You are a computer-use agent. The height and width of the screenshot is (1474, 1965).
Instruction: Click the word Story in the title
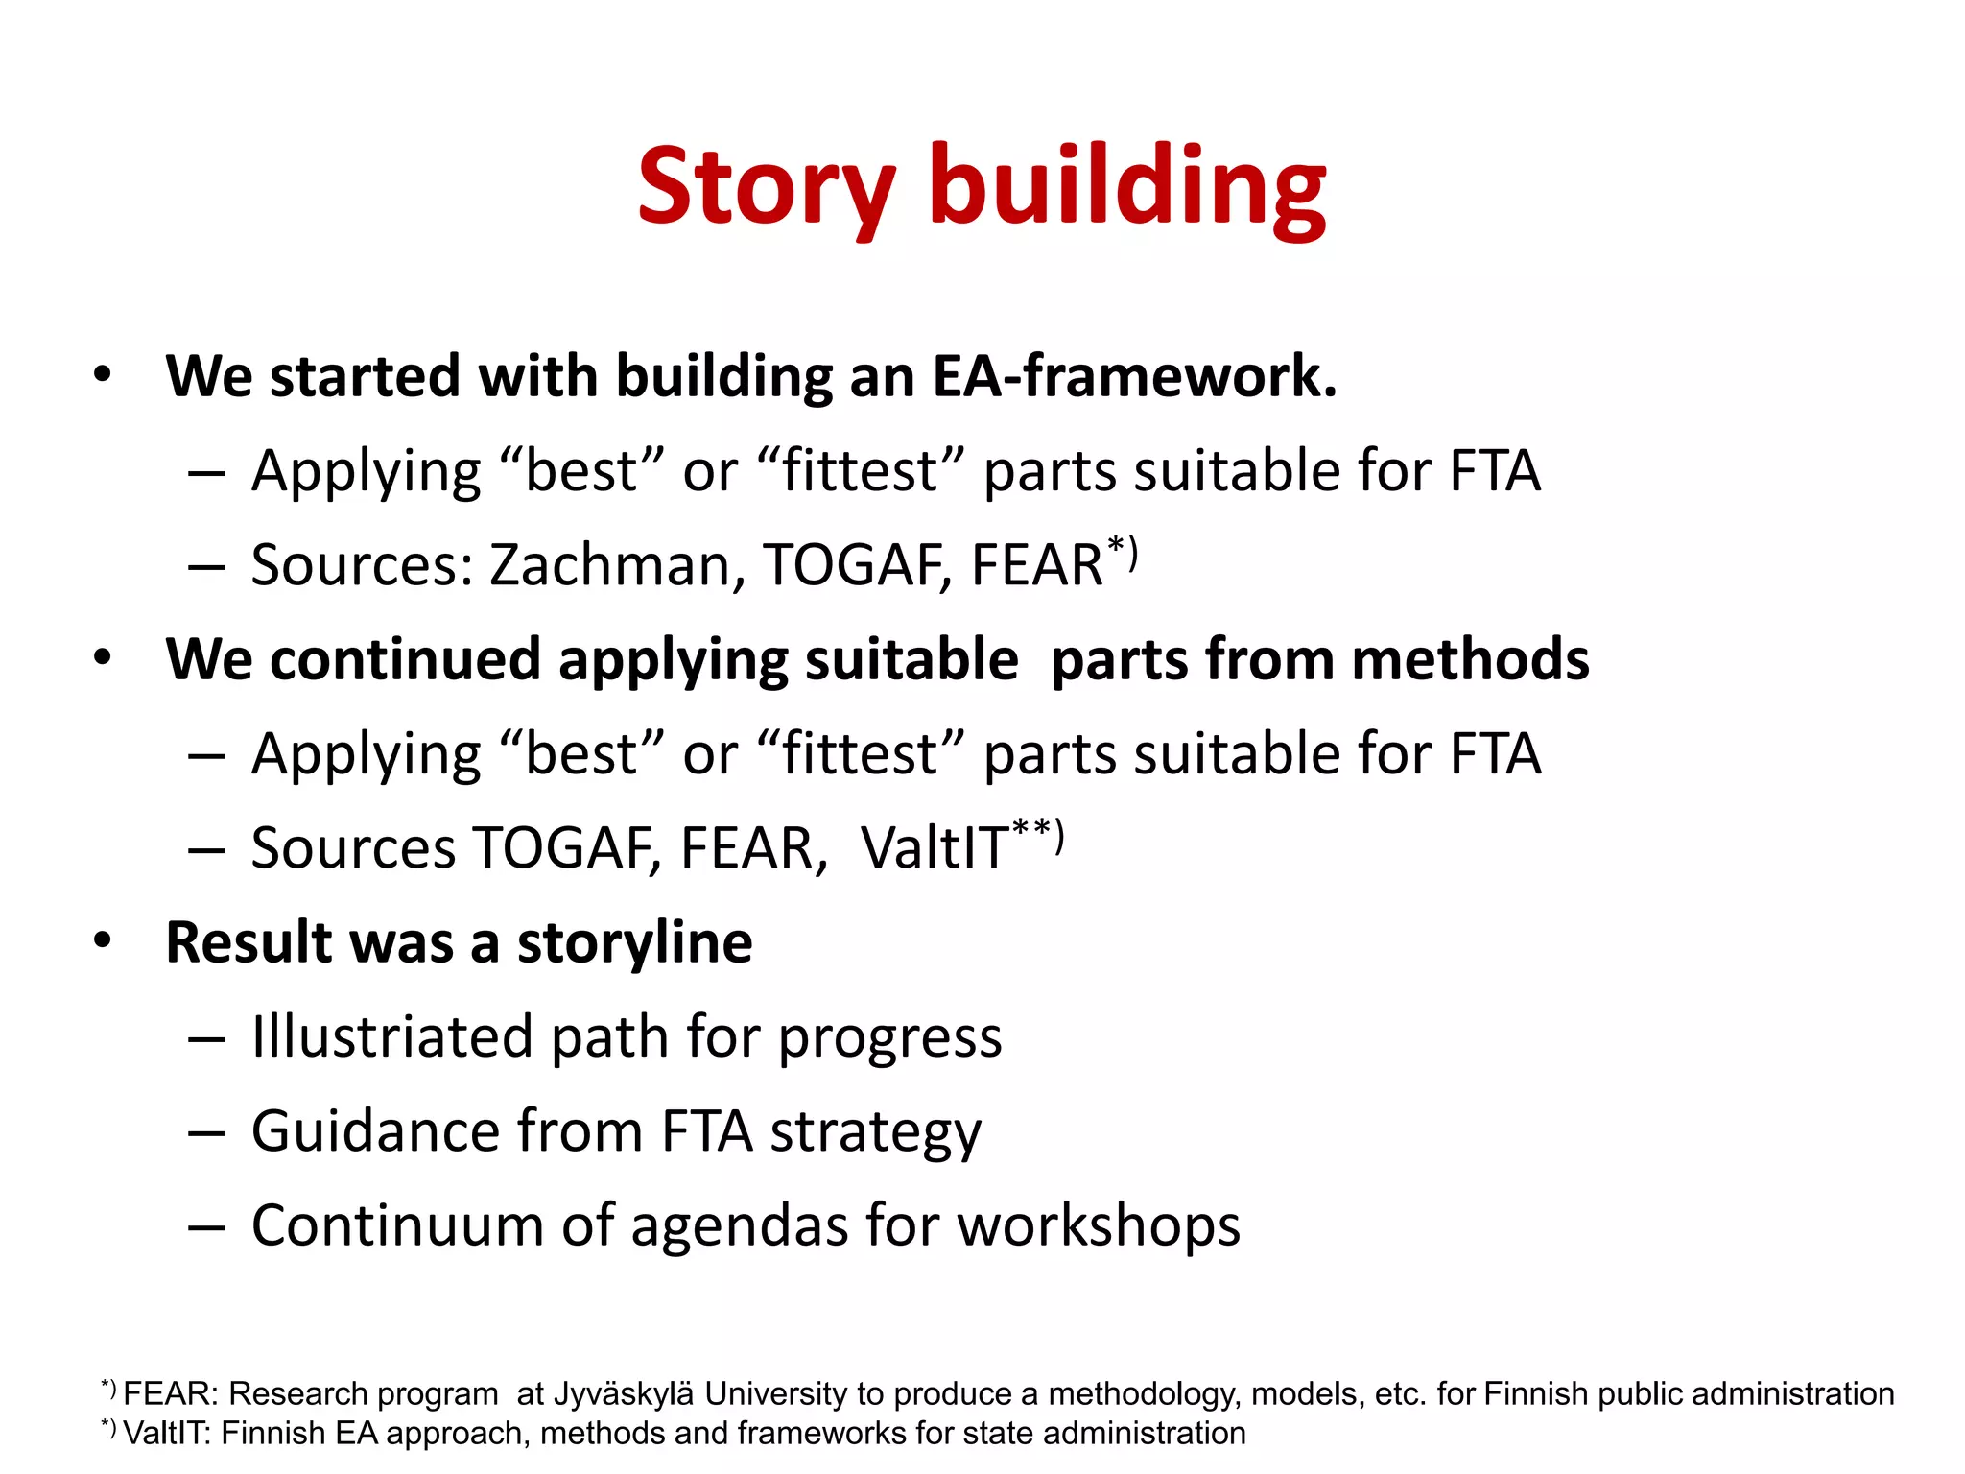pos(766,187)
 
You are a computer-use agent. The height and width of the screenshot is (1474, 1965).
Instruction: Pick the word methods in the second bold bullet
pos(1470,659)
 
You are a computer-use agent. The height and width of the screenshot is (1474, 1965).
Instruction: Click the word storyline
pos(634,942)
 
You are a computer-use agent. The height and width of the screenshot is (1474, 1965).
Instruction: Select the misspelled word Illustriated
pos(391,1036)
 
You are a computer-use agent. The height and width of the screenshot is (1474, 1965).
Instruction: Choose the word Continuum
pos(396,1225)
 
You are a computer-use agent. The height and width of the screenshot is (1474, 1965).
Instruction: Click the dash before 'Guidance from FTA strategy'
pos(206,1132)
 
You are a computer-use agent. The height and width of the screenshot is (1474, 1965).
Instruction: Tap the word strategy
pos(876,1132)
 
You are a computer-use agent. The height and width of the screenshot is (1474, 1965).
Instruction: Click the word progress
pos(889,1038)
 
